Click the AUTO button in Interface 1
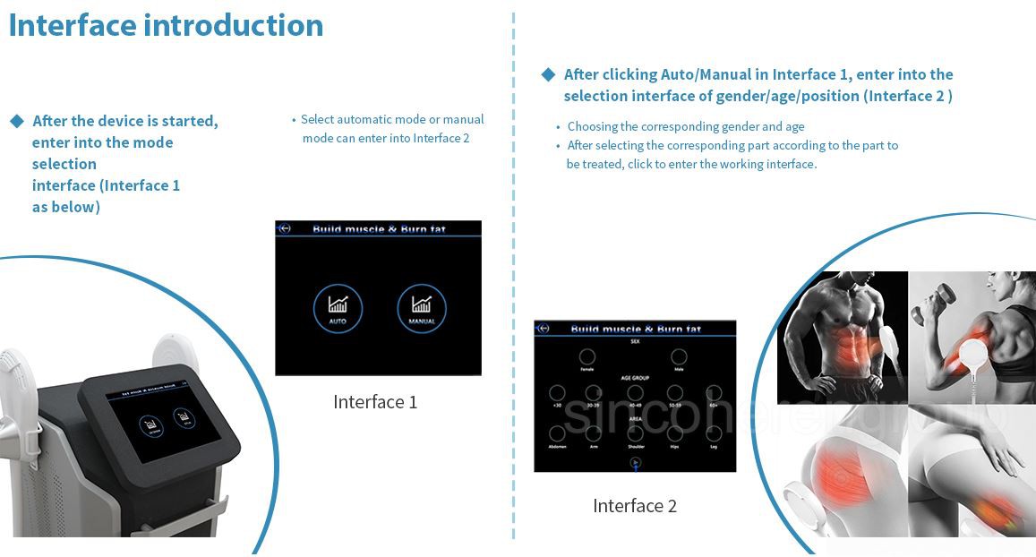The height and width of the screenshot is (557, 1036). pyautogui.click(x=338, y=309)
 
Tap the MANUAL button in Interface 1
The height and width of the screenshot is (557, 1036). pyautogui.click(x=421, y=309)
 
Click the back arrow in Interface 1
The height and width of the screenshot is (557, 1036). pyautogui.click(x=285, y=228)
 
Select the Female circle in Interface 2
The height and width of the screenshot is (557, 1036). pyautogui.click(x=587, y=356)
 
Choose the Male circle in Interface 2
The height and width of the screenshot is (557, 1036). pyautogui.click(x=679, y=356)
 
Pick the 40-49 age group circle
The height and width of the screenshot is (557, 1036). pyautogui.click(x=635, y=393)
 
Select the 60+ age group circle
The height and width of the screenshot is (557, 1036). pyautogui.click(x=714, y=393)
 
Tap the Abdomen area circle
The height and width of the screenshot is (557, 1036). pyautogui.click(x=557, y=433)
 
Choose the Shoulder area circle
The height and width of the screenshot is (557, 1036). pyautogui.click(x=635, y=433)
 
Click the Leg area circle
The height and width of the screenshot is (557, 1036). pyautogui.click(x=714, y=433)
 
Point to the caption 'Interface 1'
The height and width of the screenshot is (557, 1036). pyautogui.click(x=375, y=402)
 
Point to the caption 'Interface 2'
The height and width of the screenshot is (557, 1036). pyautogui.click(x=634, y=506)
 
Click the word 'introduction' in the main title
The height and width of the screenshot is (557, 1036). pyautogui.click(x=234, y=25)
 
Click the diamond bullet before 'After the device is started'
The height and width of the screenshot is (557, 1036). pyautogui.click(x=17, y=121)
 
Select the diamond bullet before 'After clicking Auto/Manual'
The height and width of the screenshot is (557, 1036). pyautogui.click(x=549, y=74)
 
